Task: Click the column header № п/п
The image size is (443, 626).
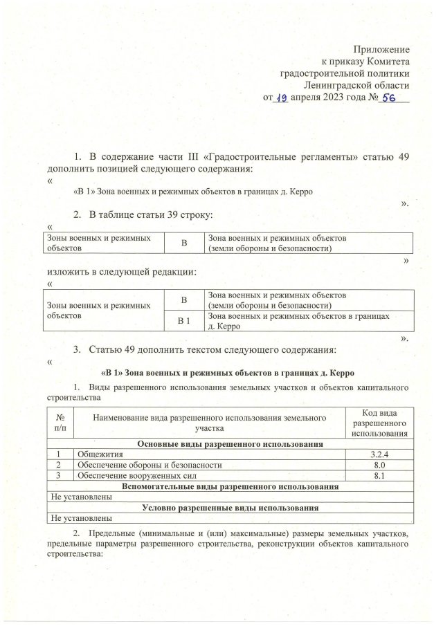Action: pos(60,423)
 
